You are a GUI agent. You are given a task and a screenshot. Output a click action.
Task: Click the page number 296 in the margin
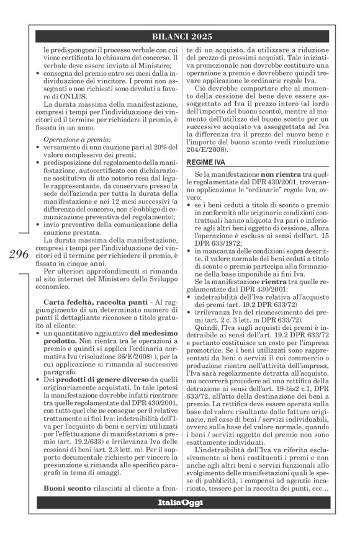coord(20,254)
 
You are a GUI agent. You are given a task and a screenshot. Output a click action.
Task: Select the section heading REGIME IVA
coord(204,144)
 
